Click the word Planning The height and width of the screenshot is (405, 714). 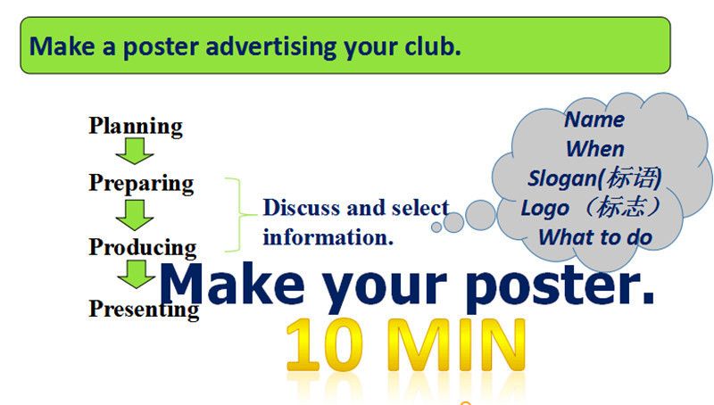click(136, 127)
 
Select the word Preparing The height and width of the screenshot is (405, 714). click(141, 184)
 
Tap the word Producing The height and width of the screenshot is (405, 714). click(143, 248)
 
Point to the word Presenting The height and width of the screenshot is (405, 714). click(144, 310)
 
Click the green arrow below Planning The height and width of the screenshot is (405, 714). click(135, 151)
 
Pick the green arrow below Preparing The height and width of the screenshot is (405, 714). click(135, 215)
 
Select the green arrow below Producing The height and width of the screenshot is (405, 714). click(137, 274)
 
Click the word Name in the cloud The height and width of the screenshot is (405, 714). click(594, 120)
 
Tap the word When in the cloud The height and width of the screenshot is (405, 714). click(594, 149)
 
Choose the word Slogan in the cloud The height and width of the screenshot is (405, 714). click(562, 178)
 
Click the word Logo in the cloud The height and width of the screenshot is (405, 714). click(545, 209)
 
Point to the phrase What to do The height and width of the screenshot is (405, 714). click(595, 237)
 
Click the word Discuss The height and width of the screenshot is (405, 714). click(302, 208)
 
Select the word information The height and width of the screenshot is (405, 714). click(328, 237)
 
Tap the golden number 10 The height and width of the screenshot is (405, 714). click(325, 344)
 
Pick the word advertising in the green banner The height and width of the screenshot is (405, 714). click(271, 47)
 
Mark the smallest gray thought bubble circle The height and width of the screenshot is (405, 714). click(436, 227)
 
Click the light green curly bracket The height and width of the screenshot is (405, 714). click(239, 214)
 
